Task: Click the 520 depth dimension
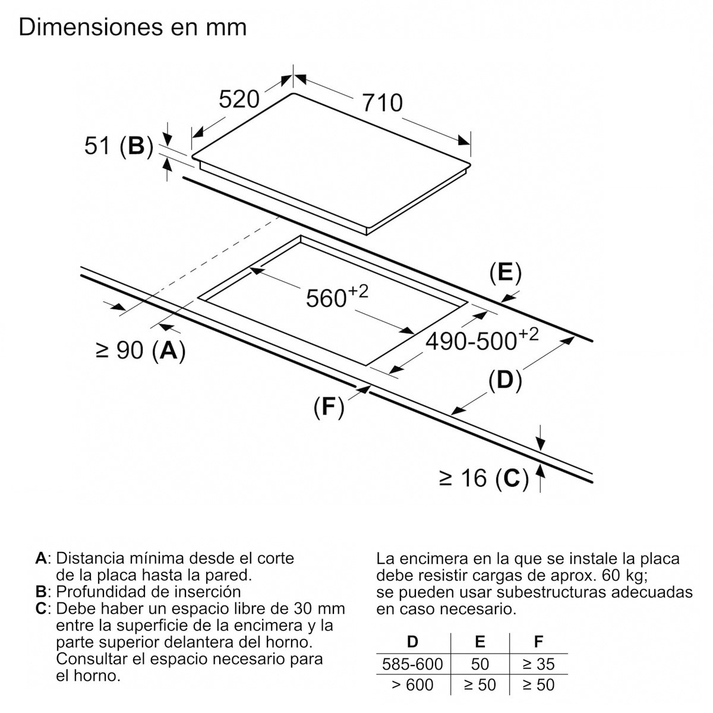pyautogui.click(x=239, y=99)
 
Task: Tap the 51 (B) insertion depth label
pyautogui.click(x=119, y=146)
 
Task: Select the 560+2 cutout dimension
pyautogui.click(x=337, y=296)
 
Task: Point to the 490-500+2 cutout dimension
pyautogui.click(x=482, y=339)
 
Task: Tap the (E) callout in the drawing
pyautogui.click(x=505, y=273)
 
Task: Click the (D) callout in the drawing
pyautogui.click(x=505, y=380)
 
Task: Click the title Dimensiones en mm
pyautogui.click(x=132, y=27)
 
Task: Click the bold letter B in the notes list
pyautogui.click(x=40, y=592)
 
